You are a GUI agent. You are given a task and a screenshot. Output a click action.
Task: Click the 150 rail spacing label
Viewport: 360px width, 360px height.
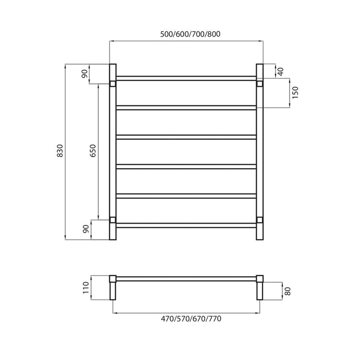[x=295, y=93]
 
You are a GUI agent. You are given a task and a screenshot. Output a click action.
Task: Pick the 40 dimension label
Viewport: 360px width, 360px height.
[x=280, y=71]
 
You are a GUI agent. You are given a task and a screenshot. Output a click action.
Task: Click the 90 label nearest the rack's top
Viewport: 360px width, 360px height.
[x=85, y=74]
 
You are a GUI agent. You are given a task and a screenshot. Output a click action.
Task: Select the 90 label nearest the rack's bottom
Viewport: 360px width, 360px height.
[x=85, y=229]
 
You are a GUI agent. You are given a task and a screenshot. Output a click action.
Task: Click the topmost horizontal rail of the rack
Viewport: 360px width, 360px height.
[x=186, y=78]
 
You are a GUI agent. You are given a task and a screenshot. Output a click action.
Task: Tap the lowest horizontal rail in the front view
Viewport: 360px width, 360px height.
[x=186, y=225]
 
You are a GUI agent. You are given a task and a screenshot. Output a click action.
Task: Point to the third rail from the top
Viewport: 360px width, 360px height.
[x=186, y=137]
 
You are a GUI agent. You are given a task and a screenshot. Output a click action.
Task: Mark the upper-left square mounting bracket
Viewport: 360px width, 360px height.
[x=113, y=83]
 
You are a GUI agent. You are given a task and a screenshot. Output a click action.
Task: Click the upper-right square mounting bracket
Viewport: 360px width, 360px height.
[x=260, y=83]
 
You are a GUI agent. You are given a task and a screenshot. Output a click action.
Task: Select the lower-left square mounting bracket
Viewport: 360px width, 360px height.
[x=113, y=220]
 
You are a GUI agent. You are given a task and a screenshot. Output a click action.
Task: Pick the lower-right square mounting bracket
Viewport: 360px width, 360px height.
[x=260, y=220]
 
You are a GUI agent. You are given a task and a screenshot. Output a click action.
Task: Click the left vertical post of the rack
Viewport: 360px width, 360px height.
[x=113, y=151]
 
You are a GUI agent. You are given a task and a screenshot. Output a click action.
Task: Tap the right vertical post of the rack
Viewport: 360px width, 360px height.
[x=260, y=151]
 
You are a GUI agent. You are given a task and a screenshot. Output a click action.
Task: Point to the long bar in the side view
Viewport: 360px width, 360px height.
[x=186, y=278]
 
